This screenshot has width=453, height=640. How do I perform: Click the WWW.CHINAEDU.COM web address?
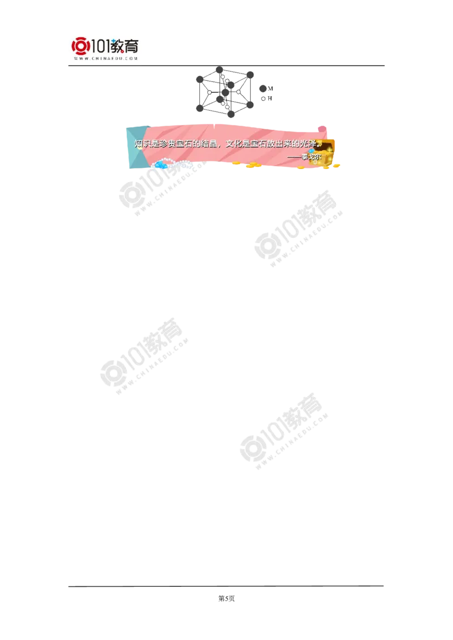106,59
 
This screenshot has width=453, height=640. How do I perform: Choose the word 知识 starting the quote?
142,144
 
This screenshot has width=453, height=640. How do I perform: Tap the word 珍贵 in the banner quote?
169,144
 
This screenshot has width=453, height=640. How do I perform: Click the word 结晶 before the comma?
209,144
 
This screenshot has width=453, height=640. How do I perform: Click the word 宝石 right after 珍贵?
187,144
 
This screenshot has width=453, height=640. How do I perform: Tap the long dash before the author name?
294,156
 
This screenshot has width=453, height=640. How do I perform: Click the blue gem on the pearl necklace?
160,165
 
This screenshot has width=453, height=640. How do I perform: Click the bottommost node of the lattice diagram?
230,115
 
